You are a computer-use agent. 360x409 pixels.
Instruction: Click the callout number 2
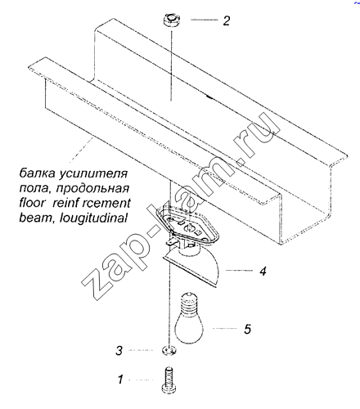[x=227, y=20]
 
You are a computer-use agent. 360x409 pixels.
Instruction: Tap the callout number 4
[x=263, y=271]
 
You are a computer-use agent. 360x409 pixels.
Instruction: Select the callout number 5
[x=247, y=329]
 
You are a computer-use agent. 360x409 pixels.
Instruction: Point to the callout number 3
[x=119, y=350]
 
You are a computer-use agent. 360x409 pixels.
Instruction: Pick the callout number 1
[x=120, y=380]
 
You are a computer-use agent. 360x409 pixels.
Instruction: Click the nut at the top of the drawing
[x=171, y=20]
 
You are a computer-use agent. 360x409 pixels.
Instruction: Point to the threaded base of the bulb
[x=188, y=302]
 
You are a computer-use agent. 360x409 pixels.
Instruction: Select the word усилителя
[x=93, y=174]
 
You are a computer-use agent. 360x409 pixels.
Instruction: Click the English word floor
[x=32, y=203]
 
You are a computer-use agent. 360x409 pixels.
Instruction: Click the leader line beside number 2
[x=205, y=20]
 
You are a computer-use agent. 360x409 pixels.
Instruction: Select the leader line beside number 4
[x=240, y=271]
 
